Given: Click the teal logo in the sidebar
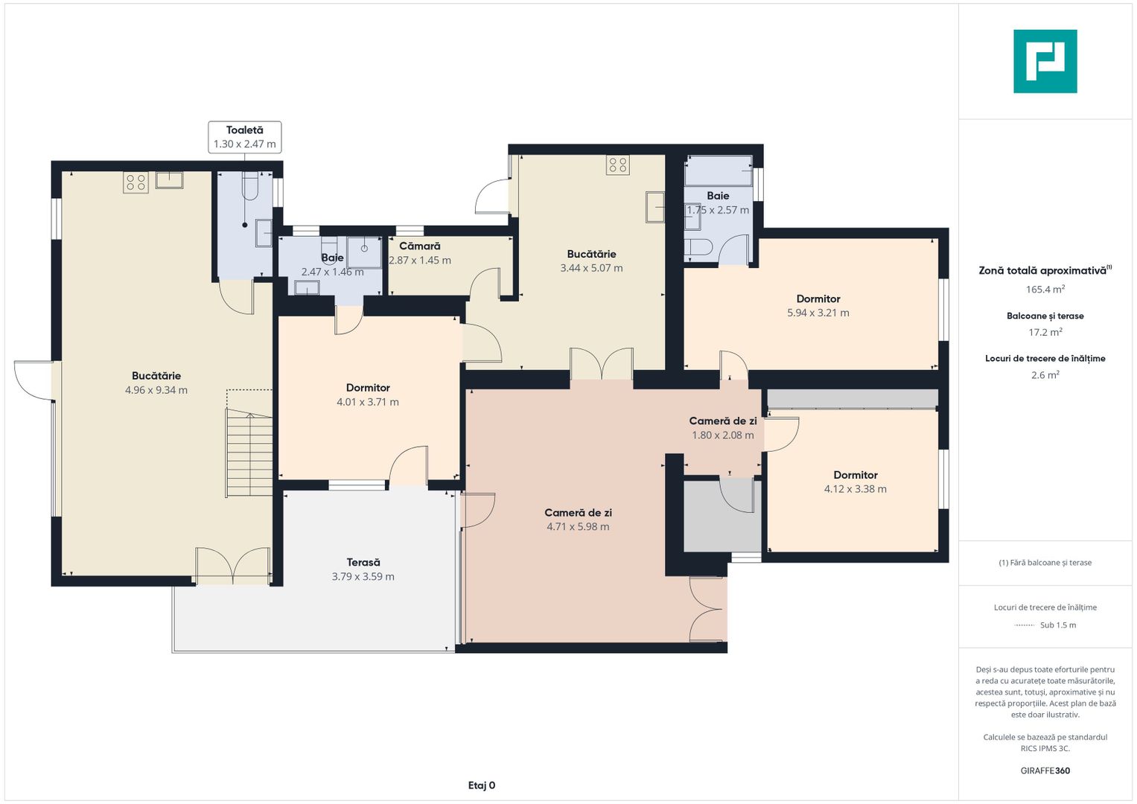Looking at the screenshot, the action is pos(1045,61).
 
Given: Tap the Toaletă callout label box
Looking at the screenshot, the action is pos(245,137).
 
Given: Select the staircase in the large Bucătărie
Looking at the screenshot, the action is pos(249,453).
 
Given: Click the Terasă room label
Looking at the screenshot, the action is pos(363,562).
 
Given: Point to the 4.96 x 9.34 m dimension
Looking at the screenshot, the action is pos(156,390).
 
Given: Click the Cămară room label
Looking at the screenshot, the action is pos(420,246).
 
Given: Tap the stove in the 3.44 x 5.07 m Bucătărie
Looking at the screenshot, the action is pos(618,165).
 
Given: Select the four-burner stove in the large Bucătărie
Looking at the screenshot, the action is pos(136,182).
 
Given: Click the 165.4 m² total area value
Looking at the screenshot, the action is pos(1045,290).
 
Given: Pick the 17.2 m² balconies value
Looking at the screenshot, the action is pos(1045,332).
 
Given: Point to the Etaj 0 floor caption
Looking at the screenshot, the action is pos(482,785).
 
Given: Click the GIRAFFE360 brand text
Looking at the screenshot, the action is pos(1045,770).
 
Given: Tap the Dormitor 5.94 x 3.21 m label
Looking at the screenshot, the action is pos(818,305).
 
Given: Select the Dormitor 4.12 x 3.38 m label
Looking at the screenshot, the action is pos(856,482).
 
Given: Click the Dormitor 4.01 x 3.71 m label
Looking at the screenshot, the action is pos(368,395).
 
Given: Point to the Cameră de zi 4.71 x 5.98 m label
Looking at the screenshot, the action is pos(578,520).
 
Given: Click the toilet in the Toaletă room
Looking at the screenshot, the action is pos(250,186).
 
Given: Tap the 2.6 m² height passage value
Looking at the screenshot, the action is pos(1045,374).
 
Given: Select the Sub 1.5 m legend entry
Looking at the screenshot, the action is pos(1045,625).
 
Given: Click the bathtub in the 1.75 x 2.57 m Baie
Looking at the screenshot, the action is pos(719,170).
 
